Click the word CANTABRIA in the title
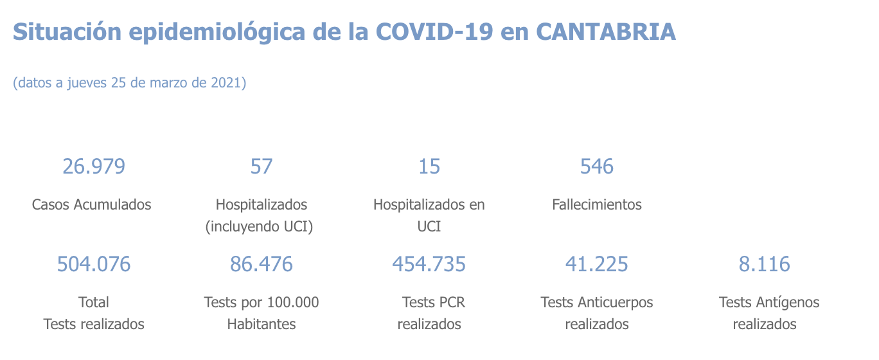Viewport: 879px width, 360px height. (x=605, y=32)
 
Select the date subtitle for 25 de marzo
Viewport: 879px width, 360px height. (x=130, y=83)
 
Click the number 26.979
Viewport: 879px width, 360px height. (x=94, y=166)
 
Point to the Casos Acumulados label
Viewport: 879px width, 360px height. (x=92, y=204)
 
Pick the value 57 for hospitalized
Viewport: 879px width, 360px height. (x=262, y=166)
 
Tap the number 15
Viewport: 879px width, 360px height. (x=429, y=166)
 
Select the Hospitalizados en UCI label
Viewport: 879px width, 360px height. (x=429, y=215)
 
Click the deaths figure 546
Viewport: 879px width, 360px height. (x=597, y=166)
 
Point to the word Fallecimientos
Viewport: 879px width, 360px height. (x=597, y=204)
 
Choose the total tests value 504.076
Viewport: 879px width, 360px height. (x=94, y=264)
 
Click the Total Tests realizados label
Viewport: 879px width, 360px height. (x=94, y=313)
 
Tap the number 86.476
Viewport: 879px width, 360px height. (x=262, y=264)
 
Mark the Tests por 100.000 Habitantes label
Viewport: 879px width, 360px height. (x=262, y=313)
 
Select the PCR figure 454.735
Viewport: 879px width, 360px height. (x=429, y=264)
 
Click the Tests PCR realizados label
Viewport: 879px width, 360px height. (x=430, y=313)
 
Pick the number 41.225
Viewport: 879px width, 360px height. (x=597, y=264)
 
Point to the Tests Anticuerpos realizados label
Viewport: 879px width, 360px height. (x=597, y=313)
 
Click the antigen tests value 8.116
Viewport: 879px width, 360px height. (x=765, y=264)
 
